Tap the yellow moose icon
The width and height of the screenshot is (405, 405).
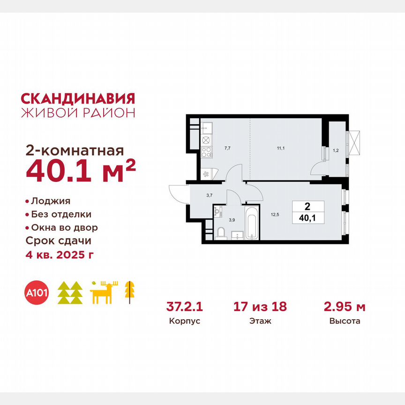pos(104,293)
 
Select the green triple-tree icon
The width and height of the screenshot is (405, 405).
pos(70,293)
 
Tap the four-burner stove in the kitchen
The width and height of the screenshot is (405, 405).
pos(207,151)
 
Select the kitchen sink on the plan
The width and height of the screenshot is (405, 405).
pos(207,127)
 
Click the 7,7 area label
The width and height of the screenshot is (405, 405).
pos(227,148)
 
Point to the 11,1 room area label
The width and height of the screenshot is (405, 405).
pos(280,148)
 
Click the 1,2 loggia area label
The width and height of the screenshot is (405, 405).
pos(335,151)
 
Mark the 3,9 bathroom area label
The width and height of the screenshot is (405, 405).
pos(231,219)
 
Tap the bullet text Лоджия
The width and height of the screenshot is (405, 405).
pos(50,201)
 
